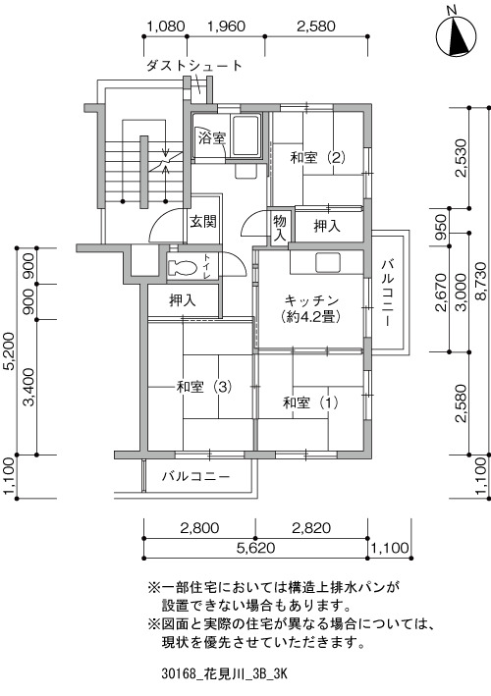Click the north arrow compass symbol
pos(456,35)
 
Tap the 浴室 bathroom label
pos(212,138)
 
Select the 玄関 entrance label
pos(203,221)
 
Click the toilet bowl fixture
pos(183,267)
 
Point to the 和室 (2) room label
pos(318,157)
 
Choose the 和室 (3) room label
pos(204,387)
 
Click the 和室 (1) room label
pos(310,402)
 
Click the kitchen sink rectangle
pos(328,262)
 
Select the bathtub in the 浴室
pos(245,135)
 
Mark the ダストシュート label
pos(194,66)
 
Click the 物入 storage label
pos(280,228)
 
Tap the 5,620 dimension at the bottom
pos(255,548)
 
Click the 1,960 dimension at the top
pos(226,27)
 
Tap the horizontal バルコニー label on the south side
pos(195,477)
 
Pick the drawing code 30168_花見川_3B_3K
pos(225,673)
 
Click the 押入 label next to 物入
pos(327,226)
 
